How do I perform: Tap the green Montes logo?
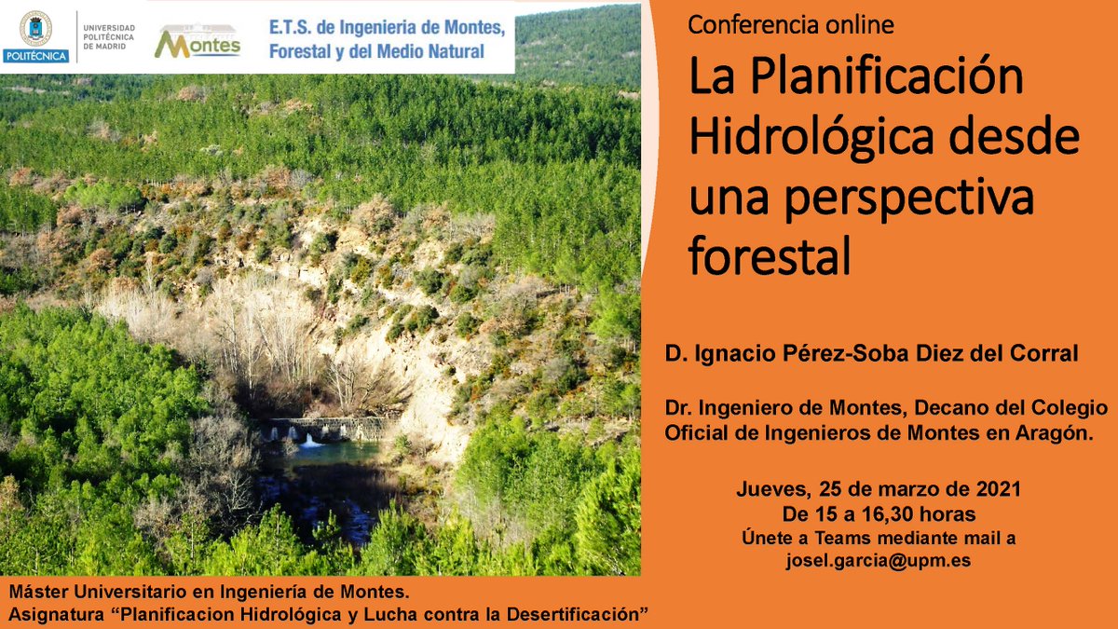[x=197, y=41]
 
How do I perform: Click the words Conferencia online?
[x=790, y=25]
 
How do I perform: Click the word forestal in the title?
[x=770, y=257]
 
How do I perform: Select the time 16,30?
[x=902, y=513]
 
